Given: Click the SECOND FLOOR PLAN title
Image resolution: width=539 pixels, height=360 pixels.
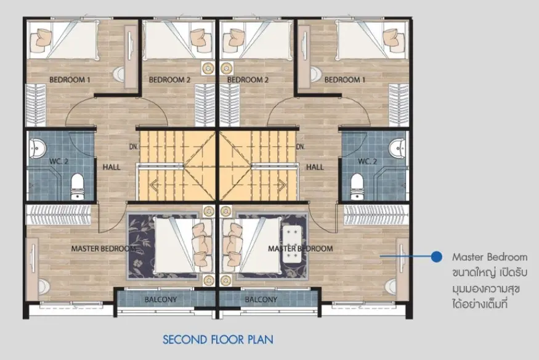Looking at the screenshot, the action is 218,340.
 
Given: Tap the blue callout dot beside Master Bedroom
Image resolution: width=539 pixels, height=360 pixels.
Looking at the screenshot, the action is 436,256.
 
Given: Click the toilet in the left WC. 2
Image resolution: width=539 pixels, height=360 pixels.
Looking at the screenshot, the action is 78,186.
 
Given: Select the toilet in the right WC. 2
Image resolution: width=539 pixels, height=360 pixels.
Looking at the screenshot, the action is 357,186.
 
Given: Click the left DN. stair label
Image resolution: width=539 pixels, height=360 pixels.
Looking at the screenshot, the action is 134,147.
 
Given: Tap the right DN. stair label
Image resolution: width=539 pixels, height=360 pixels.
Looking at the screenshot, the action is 301,147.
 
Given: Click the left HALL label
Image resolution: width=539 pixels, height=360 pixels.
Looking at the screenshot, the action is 111,167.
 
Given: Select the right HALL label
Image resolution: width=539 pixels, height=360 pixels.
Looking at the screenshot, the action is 315,167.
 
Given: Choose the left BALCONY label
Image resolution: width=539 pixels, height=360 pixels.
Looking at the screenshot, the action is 161,300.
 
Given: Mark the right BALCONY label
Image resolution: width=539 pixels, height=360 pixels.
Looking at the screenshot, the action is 261,300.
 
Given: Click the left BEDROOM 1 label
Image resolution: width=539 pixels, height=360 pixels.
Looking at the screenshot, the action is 70,80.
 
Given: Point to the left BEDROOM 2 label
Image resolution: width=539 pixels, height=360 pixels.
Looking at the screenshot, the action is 169,80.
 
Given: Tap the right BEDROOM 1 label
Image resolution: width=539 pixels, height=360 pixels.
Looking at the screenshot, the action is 345,80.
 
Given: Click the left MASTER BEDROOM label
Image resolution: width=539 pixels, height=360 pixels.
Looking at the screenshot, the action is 103,248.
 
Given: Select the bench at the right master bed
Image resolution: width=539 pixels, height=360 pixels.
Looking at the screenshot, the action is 292,244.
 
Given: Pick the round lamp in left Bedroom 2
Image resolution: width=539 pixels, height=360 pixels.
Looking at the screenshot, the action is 208,68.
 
